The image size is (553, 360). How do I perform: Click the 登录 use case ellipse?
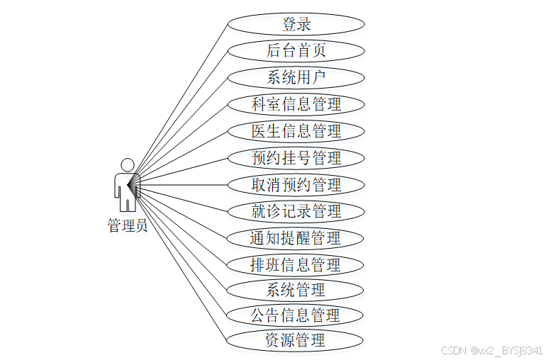coord(296,24)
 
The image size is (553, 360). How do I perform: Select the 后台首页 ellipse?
coord(296,50)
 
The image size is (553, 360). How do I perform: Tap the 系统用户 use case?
coord(296,77)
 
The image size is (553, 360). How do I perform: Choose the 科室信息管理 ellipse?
coord(296,104)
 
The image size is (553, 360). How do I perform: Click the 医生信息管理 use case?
coord(296,131)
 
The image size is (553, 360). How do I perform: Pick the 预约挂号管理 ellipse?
coord(296,158)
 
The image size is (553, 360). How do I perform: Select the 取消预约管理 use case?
coord(296,185)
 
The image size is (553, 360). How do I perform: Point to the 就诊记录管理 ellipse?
coord(296,211)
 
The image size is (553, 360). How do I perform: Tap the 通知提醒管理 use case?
coord(296,238)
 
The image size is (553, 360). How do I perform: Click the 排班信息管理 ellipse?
coord(296,265)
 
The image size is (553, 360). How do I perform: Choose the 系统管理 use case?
coord(296,290)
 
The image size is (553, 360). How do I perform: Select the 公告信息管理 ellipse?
coord(296,315)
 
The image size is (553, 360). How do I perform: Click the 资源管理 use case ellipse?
coord(296,340)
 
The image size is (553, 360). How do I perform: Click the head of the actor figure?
coord(128,164)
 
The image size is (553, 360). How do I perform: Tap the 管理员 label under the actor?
coord(128,226)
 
